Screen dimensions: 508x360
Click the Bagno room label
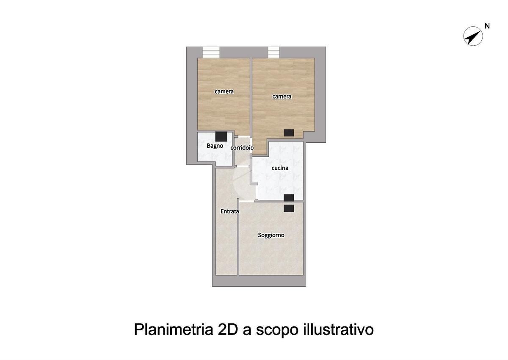(215, 146)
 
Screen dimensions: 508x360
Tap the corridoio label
(242, 148)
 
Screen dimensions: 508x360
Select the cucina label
(280, 168)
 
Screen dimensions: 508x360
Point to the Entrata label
(230, 211)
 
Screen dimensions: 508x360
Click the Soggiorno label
(271, 235)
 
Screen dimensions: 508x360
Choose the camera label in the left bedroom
(224, 91)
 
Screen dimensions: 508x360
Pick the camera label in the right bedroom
(282, 97)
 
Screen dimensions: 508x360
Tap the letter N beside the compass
(487, 26)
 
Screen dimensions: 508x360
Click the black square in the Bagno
(221, 136)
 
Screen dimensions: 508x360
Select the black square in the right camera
(289, 133)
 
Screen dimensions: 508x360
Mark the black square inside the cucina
(289, 198)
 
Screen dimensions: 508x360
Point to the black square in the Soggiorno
(289, 208)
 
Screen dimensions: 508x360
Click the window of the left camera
(211, 53)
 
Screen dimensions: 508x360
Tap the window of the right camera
(273, 53)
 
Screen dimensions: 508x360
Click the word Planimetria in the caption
(174, 330)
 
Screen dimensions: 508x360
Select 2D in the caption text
(227, 330)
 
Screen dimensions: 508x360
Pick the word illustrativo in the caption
(338, 330)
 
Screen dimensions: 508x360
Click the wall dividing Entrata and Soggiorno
(238, 237)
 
